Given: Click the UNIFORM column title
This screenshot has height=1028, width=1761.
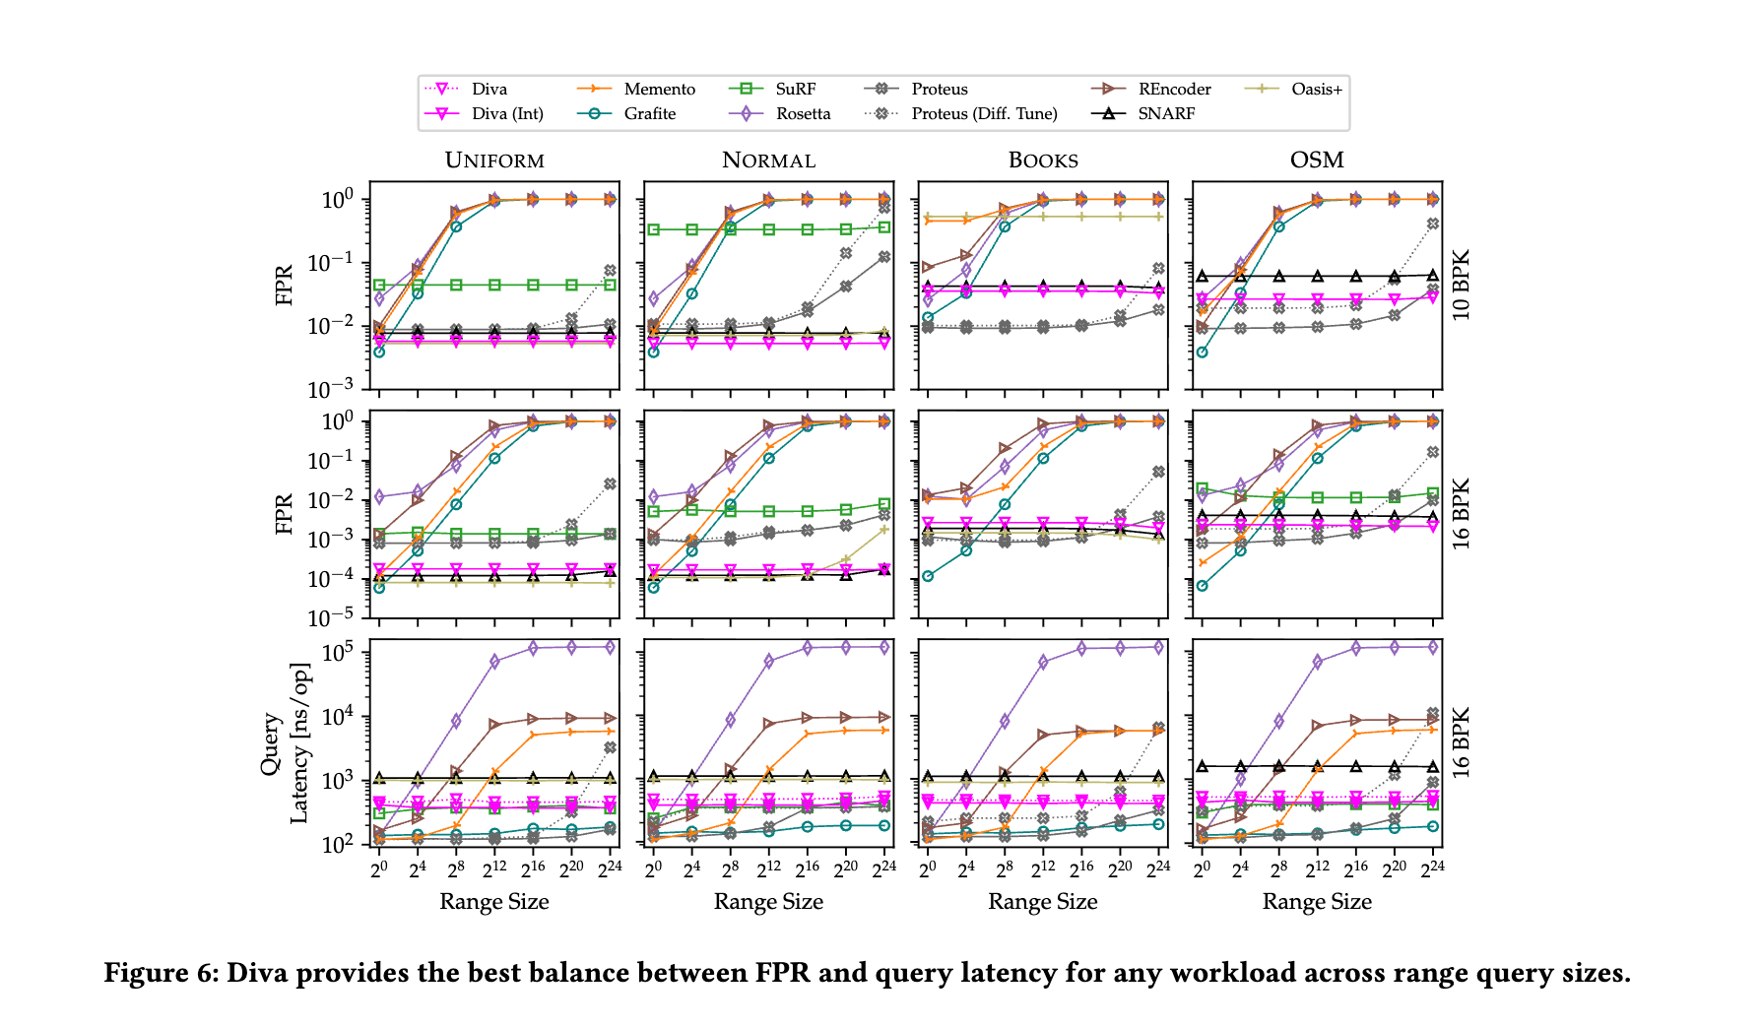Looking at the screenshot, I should pos(494,161).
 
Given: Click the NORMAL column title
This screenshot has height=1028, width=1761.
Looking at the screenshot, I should pos(768,161).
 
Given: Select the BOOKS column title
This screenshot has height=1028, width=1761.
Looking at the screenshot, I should pos(1043,161).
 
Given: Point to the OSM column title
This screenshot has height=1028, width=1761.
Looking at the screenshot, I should pos(1317,161).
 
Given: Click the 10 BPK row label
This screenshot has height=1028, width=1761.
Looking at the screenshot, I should pos(1462,286).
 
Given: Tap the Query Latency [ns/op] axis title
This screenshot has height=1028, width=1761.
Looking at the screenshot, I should pos(285,742).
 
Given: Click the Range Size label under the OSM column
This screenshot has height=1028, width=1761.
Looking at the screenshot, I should pos(1317,902).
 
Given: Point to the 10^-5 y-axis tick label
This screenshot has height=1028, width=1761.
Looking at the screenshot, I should pos(334,617).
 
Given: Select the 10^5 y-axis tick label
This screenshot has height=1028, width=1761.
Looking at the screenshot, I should pos(338,652).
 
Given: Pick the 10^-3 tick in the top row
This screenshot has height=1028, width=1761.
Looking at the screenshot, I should pos(334,389).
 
